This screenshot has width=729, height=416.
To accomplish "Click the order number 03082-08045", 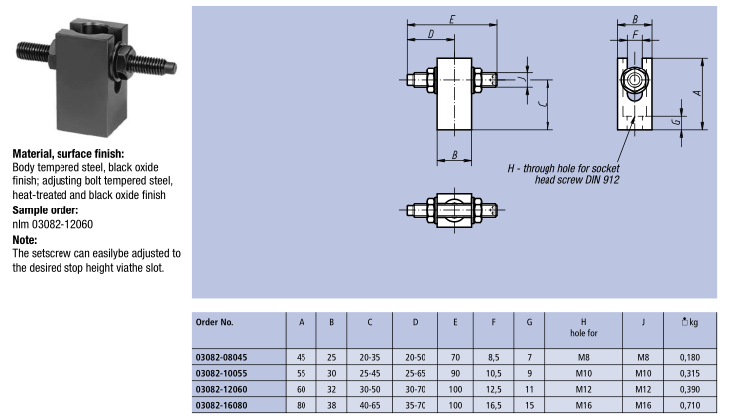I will pos(223,357).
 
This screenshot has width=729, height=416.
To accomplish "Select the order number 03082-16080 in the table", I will pos(223,405).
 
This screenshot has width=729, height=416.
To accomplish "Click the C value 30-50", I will pos(370,389).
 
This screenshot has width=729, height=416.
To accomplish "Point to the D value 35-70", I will pos(415,405).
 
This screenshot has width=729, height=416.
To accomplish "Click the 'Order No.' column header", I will pos(215,322).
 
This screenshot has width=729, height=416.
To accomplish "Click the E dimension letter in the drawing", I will pos(451,20).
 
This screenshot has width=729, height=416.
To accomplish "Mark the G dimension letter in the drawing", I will pos(674,121).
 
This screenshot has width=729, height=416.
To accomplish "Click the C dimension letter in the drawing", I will pos(536,102).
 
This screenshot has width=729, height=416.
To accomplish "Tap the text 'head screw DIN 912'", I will pos(576,180).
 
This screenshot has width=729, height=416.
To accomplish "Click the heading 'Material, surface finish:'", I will pos(67,154).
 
